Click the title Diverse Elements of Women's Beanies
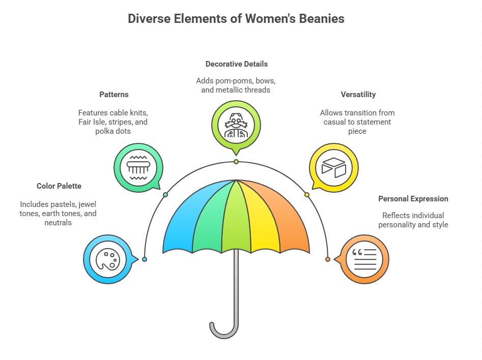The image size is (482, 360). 236,19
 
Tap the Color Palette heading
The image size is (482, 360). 59,186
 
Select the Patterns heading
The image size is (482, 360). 114,95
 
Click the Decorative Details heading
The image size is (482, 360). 236,64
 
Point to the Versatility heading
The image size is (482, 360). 358,95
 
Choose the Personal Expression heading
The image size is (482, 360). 413,199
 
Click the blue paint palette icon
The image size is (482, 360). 107,259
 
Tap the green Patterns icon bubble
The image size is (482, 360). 138,168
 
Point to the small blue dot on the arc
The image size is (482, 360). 145,259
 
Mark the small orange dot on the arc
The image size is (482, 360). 328,259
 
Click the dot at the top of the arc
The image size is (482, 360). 236,162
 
